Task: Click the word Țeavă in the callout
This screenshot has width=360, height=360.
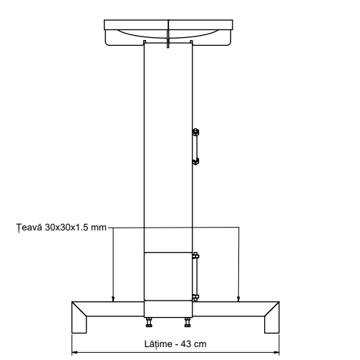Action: coord(29,228)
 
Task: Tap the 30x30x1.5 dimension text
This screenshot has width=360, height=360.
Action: coord(67,228)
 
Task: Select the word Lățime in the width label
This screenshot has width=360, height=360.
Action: coord(158,344)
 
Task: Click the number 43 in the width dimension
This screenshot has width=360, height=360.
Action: coord(186,344)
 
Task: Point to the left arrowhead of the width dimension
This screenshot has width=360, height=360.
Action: coord(75,352)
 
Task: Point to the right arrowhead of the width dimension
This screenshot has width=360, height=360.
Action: coord(276,352)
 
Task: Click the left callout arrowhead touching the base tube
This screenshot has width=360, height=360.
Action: coord(113,298)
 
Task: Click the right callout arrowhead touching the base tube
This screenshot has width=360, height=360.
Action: coord(238,298)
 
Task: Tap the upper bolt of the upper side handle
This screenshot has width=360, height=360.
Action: coord(195,132)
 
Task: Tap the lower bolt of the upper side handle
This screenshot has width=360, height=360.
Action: coord(195,162)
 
